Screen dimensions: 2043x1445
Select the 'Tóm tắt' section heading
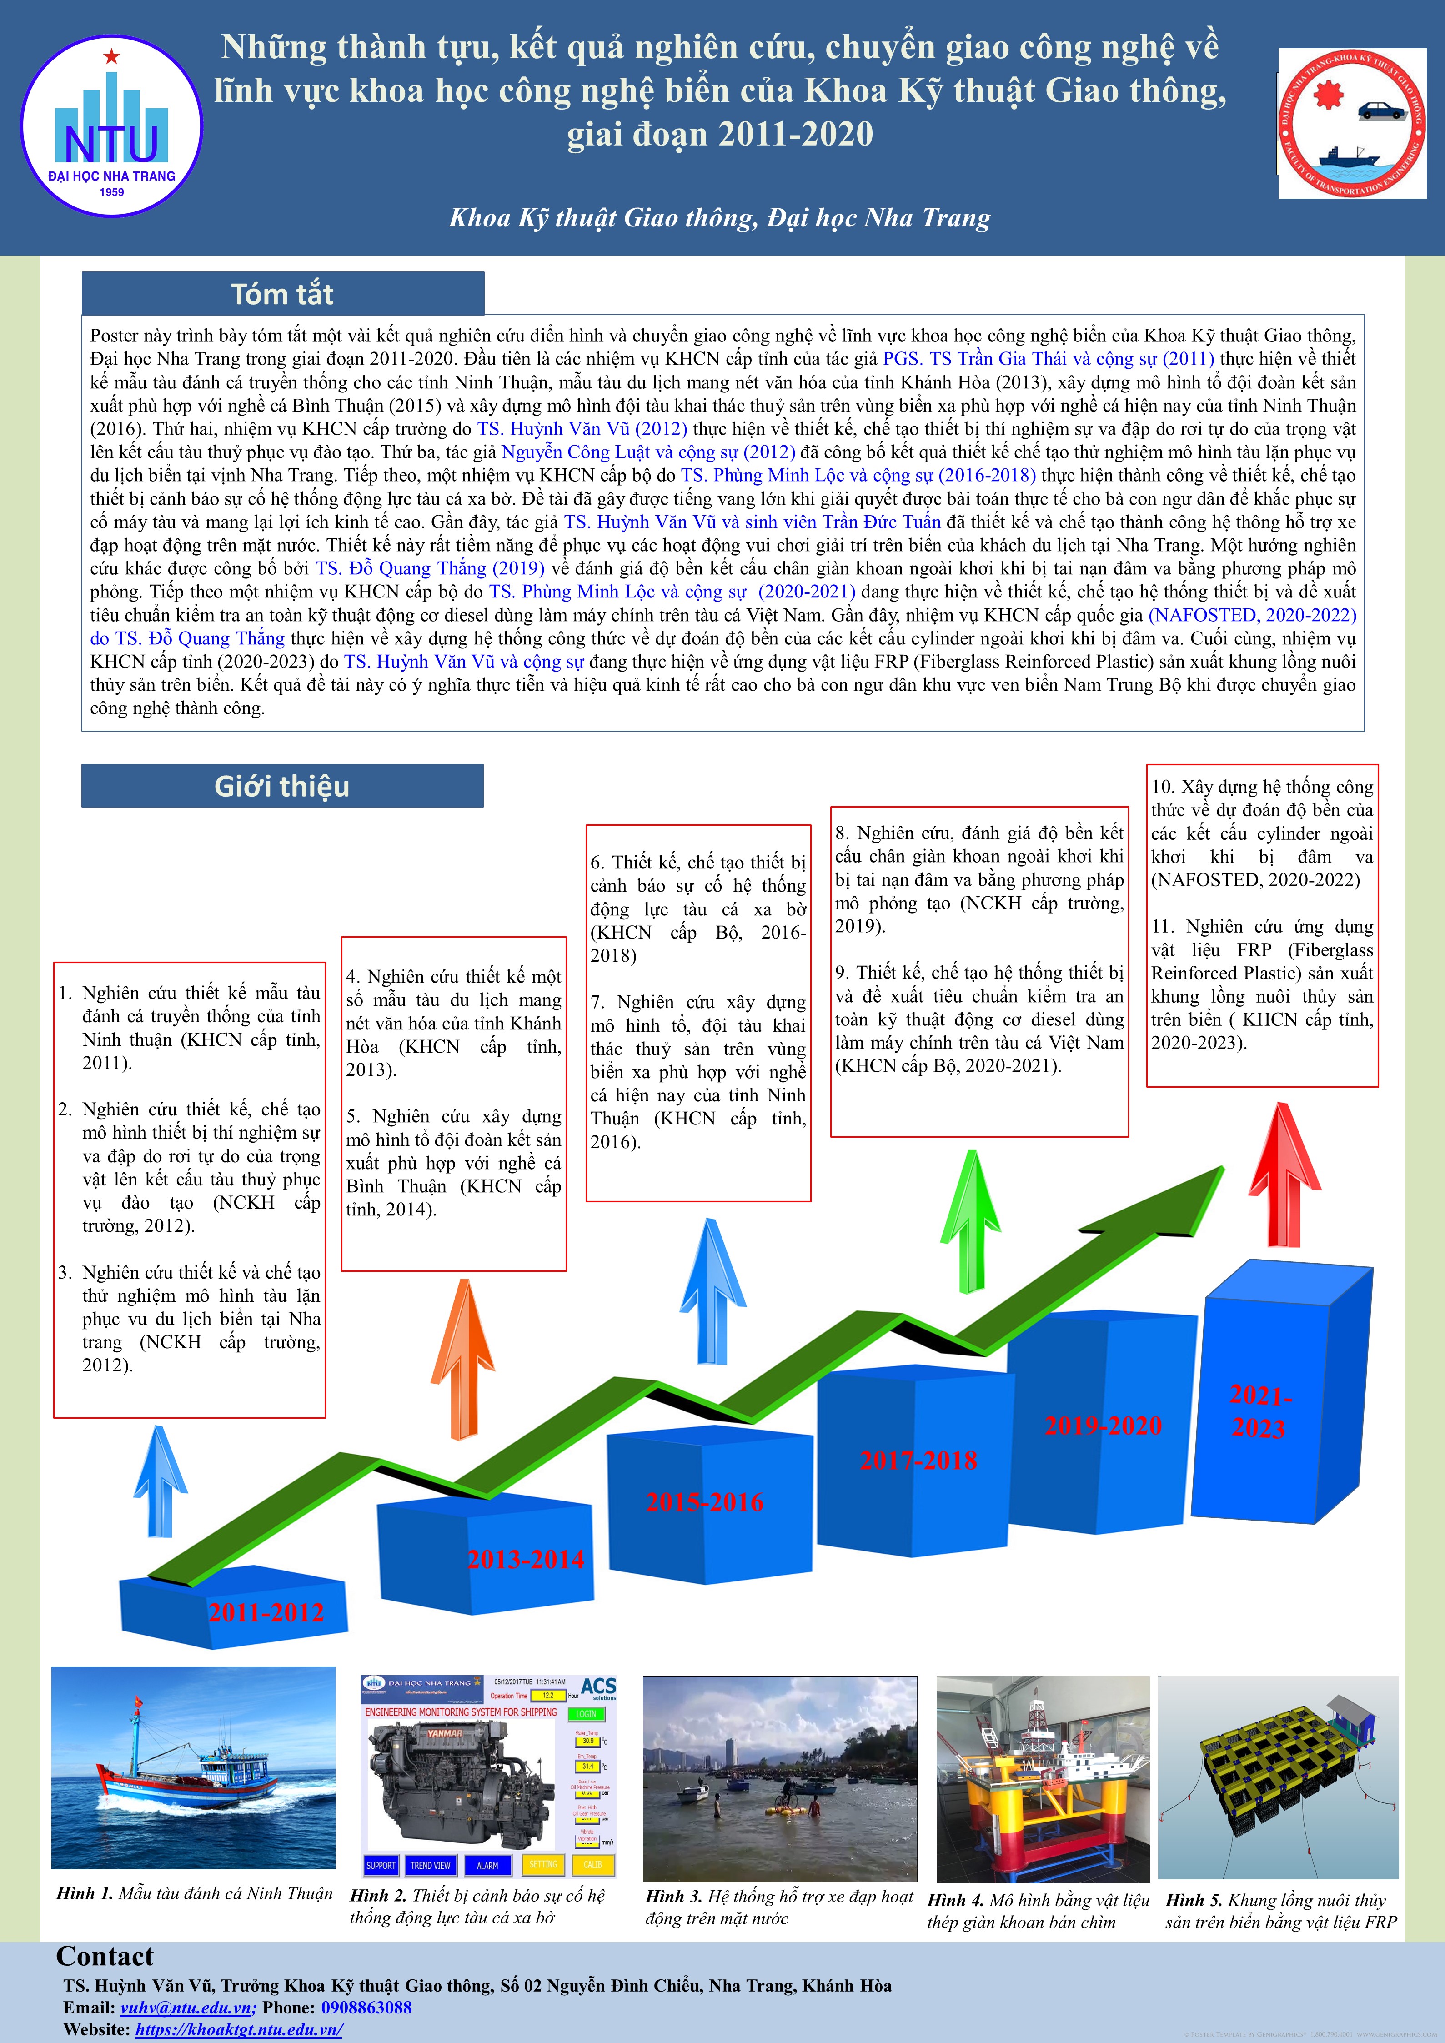tap(282, 294)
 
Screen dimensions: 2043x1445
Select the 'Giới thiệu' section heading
tap(282, 786)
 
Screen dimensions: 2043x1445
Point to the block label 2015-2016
tap(705, 1502)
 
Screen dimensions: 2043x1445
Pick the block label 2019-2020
tap(1104, 1426)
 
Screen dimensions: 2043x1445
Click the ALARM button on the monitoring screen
tap(487, 1865)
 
